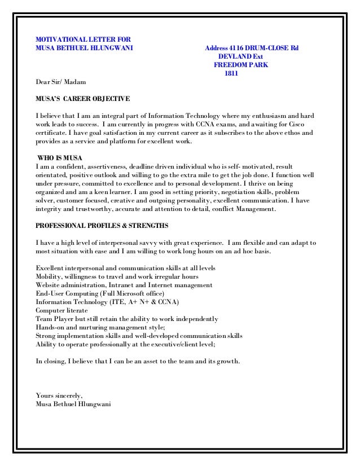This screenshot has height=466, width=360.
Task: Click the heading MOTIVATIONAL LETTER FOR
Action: [82, 39]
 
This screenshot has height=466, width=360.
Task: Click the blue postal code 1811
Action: [231, 73]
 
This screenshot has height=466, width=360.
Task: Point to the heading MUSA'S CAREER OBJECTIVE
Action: [82, 99]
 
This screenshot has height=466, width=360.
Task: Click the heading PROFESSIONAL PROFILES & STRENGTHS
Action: [102, 226]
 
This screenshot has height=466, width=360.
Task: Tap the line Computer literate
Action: [62, 310]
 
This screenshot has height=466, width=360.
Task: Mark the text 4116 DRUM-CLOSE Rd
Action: [265, 47]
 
